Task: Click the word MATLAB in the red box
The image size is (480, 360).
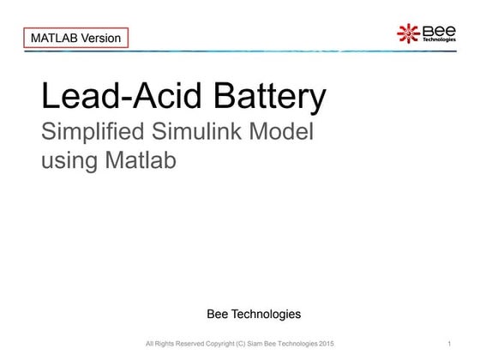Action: click(x=53, y=38)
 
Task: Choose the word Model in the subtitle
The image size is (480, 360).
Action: click(x=284, y=133)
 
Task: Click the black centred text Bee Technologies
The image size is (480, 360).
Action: click(x=254, y=314)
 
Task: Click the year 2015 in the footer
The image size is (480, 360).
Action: click(x=326, y=345)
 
